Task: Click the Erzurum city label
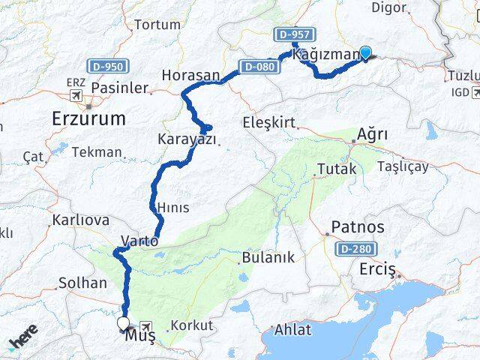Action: (88, 118)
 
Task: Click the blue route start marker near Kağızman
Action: (365, 52)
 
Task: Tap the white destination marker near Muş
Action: (123, 324)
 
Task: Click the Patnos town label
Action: (358, 226)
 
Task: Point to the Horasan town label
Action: (190, 76)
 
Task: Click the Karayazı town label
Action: (187, 139)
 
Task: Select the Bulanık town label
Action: (268, 257)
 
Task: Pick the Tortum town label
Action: (157, 24)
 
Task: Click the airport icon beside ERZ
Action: (76, 96)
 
